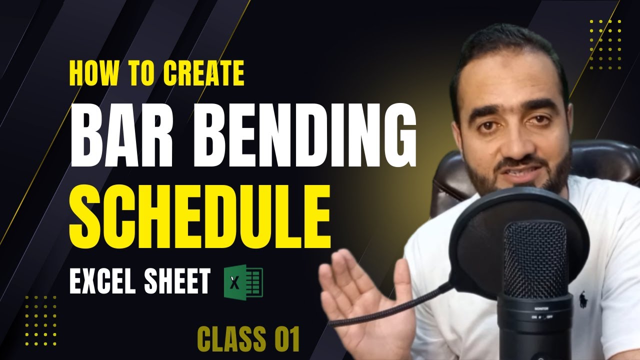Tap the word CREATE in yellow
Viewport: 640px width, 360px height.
(203, 73)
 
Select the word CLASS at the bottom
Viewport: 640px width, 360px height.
(227, 340)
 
